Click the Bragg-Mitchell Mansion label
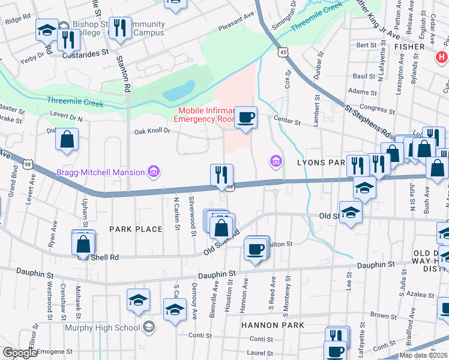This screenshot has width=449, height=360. click(100, 172)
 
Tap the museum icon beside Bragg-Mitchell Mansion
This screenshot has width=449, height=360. click(154, 173)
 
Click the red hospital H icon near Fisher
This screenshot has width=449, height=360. click(442, 58)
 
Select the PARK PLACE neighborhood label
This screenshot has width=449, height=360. click(136, 229)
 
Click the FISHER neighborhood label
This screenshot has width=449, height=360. click(409, 46)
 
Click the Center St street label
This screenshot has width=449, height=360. click(287, 121)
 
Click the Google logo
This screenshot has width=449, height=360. click(21, 353)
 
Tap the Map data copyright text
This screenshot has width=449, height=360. click(424, 355)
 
